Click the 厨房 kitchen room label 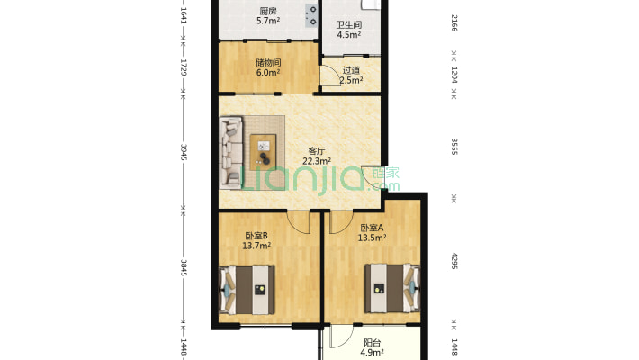(x=267, y=12)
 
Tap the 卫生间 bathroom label (x=349, y=25)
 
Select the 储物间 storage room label (x=267, y=63)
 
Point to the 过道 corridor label (x=351, y=70)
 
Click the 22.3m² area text (x=317, y=161)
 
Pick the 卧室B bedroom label (x=256, y=236)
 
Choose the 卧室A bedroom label (x=372, y=228)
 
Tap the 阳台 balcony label (x=372, y=343)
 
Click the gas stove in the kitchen (x=311, y=15)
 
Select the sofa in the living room (x=231, y=153)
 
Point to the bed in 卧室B (x=247, y=290)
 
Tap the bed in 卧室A (x=392, y=288)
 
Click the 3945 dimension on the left (x=184, y=152)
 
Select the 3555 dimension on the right (x=454, y=147)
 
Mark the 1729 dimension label (x=184, y=67)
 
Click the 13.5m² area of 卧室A (x=372, y=238)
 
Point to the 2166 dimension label (x=454, y=23)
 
